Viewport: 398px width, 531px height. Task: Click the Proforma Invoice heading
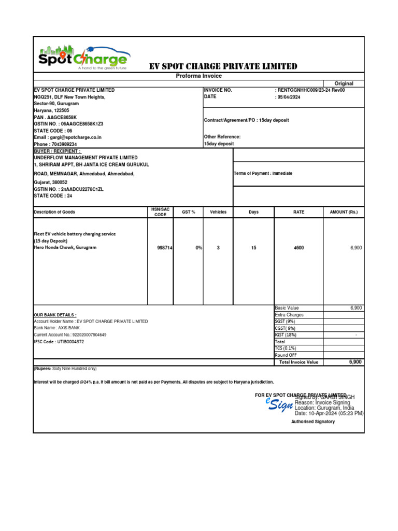[199, 76]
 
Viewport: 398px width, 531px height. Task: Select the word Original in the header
[344, 83]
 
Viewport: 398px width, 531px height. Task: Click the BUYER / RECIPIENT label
[57, 151]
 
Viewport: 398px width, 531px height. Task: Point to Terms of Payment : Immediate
[263, 173]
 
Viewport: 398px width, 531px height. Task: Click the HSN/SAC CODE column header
[160, 212]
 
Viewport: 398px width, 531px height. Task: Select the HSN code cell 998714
[164, 248]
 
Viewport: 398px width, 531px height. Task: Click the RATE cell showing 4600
[298, 248]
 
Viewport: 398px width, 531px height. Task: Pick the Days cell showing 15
[253, 248]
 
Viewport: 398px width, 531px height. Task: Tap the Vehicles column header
[218, 212]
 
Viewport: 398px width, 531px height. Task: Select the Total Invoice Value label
[298, 362]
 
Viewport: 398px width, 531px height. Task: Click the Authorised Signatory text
[313, 422]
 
